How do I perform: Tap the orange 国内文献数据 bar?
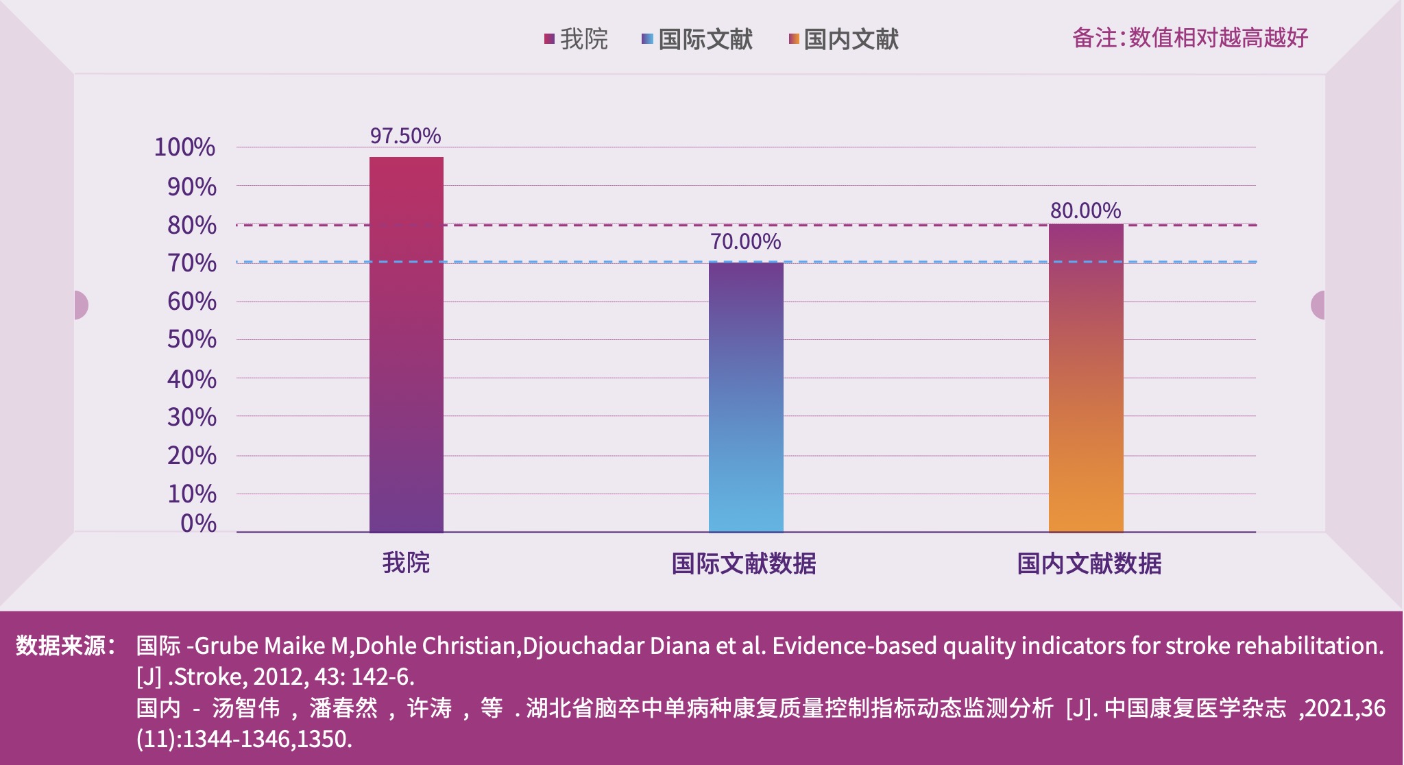(x=1086, y=378)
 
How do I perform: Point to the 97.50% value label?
(x=405, y=136)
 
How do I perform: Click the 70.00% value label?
(x=745, y=241)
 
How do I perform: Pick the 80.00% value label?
(x=1085, y=210)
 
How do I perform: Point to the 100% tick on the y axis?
(x=184, y=147)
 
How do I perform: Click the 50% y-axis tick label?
(x=191, y=339)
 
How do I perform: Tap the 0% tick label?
(x=198, y=524)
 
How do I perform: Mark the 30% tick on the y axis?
(x=191, y=417)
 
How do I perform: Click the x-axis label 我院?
(x=406, y=563)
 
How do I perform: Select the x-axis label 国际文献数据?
(x=744, y=563)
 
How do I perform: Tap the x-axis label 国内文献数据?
(x=1089, y=563)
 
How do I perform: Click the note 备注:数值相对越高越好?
(x=1190, y=38)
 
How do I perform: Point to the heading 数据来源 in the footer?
(x=62, y=646)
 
